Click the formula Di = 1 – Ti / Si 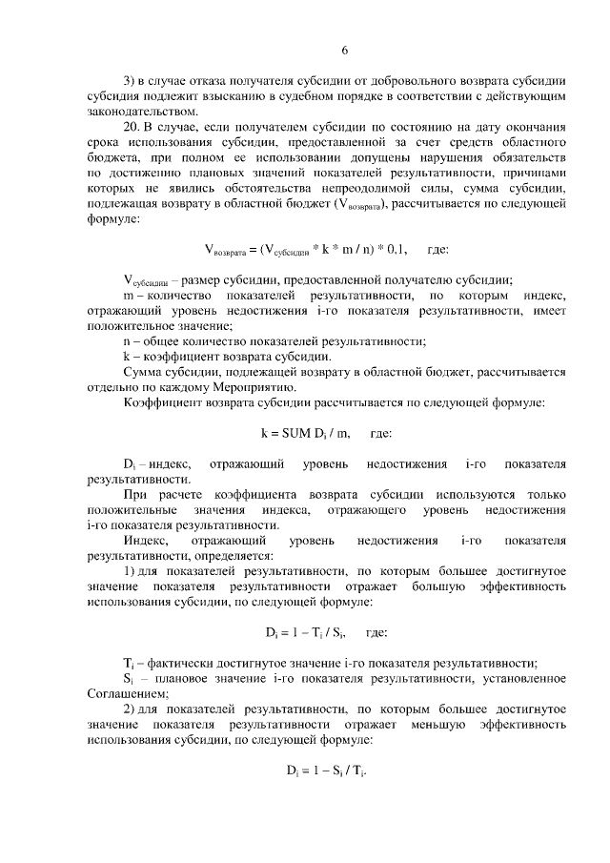[x=305, y=631]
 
